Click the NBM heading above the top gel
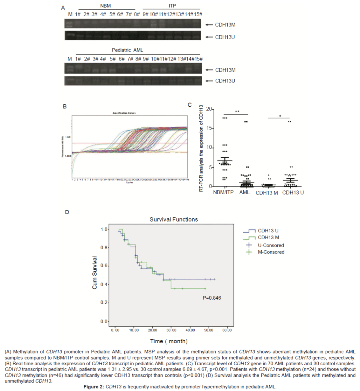(105, 6)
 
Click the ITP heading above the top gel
(172, 6)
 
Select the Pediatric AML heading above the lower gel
(127, 50)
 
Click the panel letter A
(63, 8)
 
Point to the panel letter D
(67, 212)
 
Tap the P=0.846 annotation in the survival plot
(212, 298)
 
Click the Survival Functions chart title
(174, 219)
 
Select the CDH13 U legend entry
(268, 231)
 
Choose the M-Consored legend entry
(271, 252)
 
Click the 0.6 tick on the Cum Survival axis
(104, 266)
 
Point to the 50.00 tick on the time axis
(209, 330)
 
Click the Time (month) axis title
(169, 341)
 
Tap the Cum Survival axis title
(94, 273)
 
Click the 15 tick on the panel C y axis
(209, 128)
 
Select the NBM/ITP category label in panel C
(223, 192)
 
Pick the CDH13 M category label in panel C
(267, 193)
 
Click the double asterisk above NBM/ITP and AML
(237, 112)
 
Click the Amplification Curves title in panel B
(124, 113)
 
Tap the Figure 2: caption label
(94, 387)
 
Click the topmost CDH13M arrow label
(225, 25)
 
